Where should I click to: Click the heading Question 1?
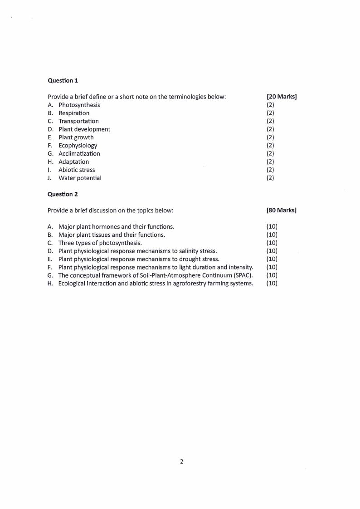[63, 80]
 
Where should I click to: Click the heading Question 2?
[63, 194]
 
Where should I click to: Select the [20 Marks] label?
[282, 97]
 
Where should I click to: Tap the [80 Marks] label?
[282, 210]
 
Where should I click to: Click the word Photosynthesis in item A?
[79, 105]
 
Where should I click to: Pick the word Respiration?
[74, 113]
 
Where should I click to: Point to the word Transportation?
[78, 121]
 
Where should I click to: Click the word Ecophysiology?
[78, 146]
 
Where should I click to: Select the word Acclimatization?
[79, 154]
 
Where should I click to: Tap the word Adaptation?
[73, 162]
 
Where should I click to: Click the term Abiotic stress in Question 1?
[77, 170]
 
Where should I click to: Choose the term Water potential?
[80, 178]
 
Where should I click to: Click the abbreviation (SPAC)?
[243, 275]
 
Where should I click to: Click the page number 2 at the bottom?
[182, 462]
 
